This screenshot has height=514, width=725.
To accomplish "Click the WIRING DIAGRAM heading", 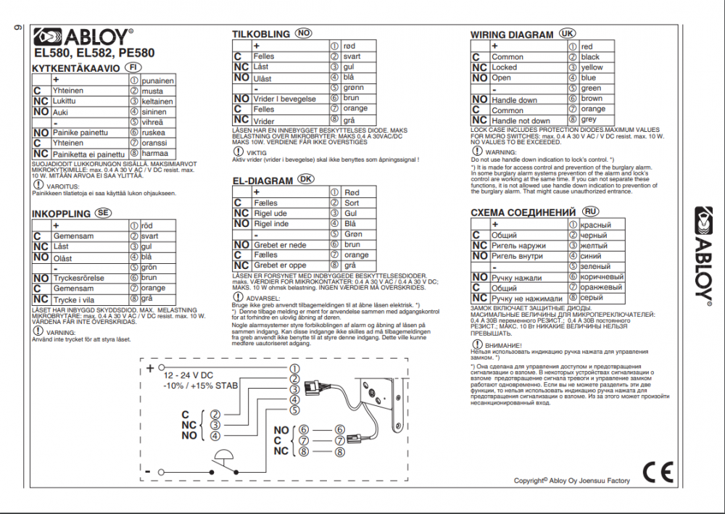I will [x=512, y=34].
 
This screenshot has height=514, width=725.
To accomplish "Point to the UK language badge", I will [x=567, y=34].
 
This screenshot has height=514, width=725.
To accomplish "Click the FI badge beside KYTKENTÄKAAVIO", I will [x=133, y=67].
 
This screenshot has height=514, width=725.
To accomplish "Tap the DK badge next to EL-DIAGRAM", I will [x=307, y=179].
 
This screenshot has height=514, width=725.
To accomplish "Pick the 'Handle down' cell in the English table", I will [x=515, y=100].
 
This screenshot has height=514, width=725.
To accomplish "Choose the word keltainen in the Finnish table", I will [x=158, y=101].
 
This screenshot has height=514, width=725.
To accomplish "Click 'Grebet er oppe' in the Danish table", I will [x=280, y=265].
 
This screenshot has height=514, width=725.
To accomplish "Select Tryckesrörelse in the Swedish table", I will [x=79, y=278].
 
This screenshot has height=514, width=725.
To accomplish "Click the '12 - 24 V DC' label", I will [x=188, y=376].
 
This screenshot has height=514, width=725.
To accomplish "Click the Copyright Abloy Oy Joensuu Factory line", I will [x=572, y=481].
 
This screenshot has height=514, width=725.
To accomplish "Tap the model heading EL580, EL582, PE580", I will [x=94, y=52].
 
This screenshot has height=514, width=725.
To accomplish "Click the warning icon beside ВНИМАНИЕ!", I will [x=476, y=344].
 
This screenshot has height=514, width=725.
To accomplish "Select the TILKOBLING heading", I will [x=261, y=34].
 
